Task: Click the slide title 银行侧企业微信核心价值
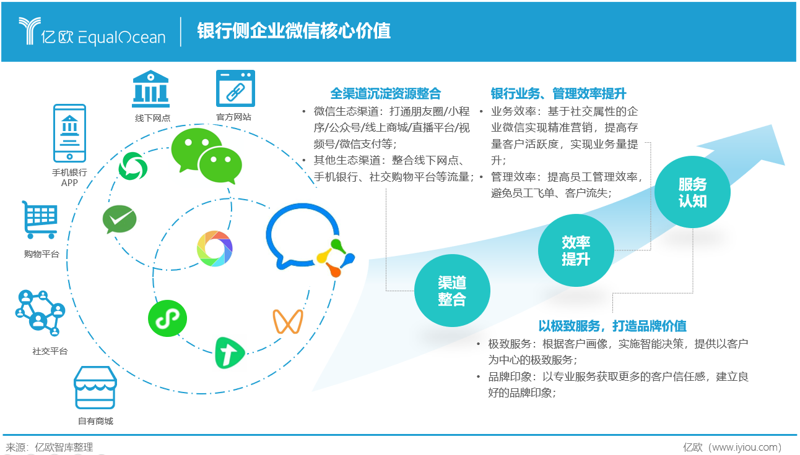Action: point(293,31)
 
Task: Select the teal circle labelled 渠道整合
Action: point(452,291)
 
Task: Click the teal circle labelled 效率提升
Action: point(576,251)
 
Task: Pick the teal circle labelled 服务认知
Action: point(692,192)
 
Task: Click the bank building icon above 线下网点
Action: point(150,88)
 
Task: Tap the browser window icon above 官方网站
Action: point(235,88)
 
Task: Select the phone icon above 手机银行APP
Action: point(69,134)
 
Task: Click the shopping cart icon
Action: point(40,219)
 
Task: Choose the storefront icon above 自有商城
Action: point(95,388)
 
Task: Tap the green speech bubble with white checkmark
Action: point(119,219)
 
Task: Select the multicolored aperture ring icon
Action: point(214,249)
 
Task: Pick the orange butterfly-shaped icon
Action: point(288,322)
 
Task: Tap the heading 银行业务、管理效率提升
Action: point(558,93)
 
